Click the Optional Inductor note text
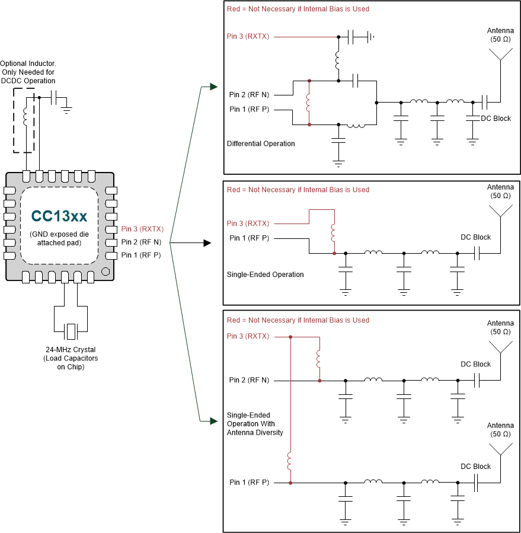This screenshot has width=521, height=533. (28, 72)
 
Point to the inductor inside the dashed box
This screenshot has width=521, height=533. (25, 116)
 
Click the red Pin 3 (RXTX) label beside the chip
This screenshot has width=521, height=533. (142, 229)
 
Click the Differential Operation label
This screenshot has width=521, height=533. (261, 143)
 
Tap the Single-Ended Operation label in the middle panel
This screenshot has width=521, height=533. (265, 275)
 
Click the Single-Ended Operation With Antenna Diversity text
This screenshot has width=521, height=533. (255, 424)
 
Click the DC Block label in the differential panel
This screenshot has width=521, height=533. (496, 119)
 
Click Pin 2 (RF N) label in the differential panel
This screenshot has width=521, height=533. (249, 94)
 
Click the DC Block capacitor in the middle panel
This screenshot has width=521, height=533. (476, 253)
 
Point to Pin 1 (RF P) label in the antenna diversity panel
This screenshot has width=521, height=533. (249, 483)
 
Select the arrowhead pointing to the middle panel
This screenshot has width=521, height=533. (207, 243)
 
